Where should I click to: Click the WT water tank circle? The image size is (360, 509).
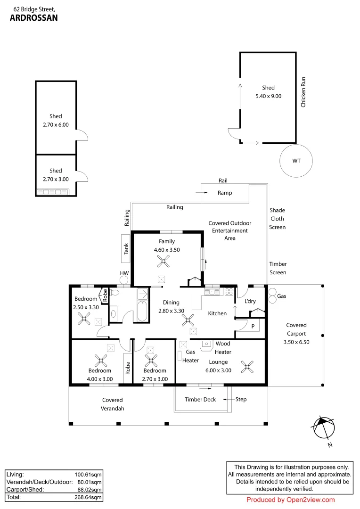coord(296,161)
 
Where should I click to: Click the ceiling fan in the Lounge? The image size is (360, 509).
coord(247,366)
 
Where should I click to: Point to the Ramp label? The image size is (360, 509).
coord(224,193)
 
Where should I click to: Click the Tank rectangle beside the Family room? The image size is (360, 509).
coord(126,248)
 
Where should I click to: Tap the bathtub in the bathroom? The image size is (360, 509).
coord(142,311)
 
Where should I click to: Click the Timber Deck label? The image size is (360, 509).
coord(200,400)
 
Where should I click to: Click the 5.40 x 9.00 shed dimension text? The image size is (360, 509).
coord(268,96)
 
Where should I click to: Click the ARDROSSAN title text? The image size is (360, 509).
coord(33,18)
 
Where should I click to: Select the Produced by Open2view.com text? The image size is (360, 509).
coord(290,500)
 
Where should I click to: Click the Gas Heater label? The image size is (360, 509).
coord(191,356)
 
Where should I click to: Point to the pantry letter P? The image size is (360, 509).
coord(253,326)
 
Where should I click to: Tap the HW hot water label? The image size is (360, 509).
coord(124,273)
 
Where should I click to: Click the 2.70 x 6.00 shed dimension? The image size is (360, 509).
coord(56,125)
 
